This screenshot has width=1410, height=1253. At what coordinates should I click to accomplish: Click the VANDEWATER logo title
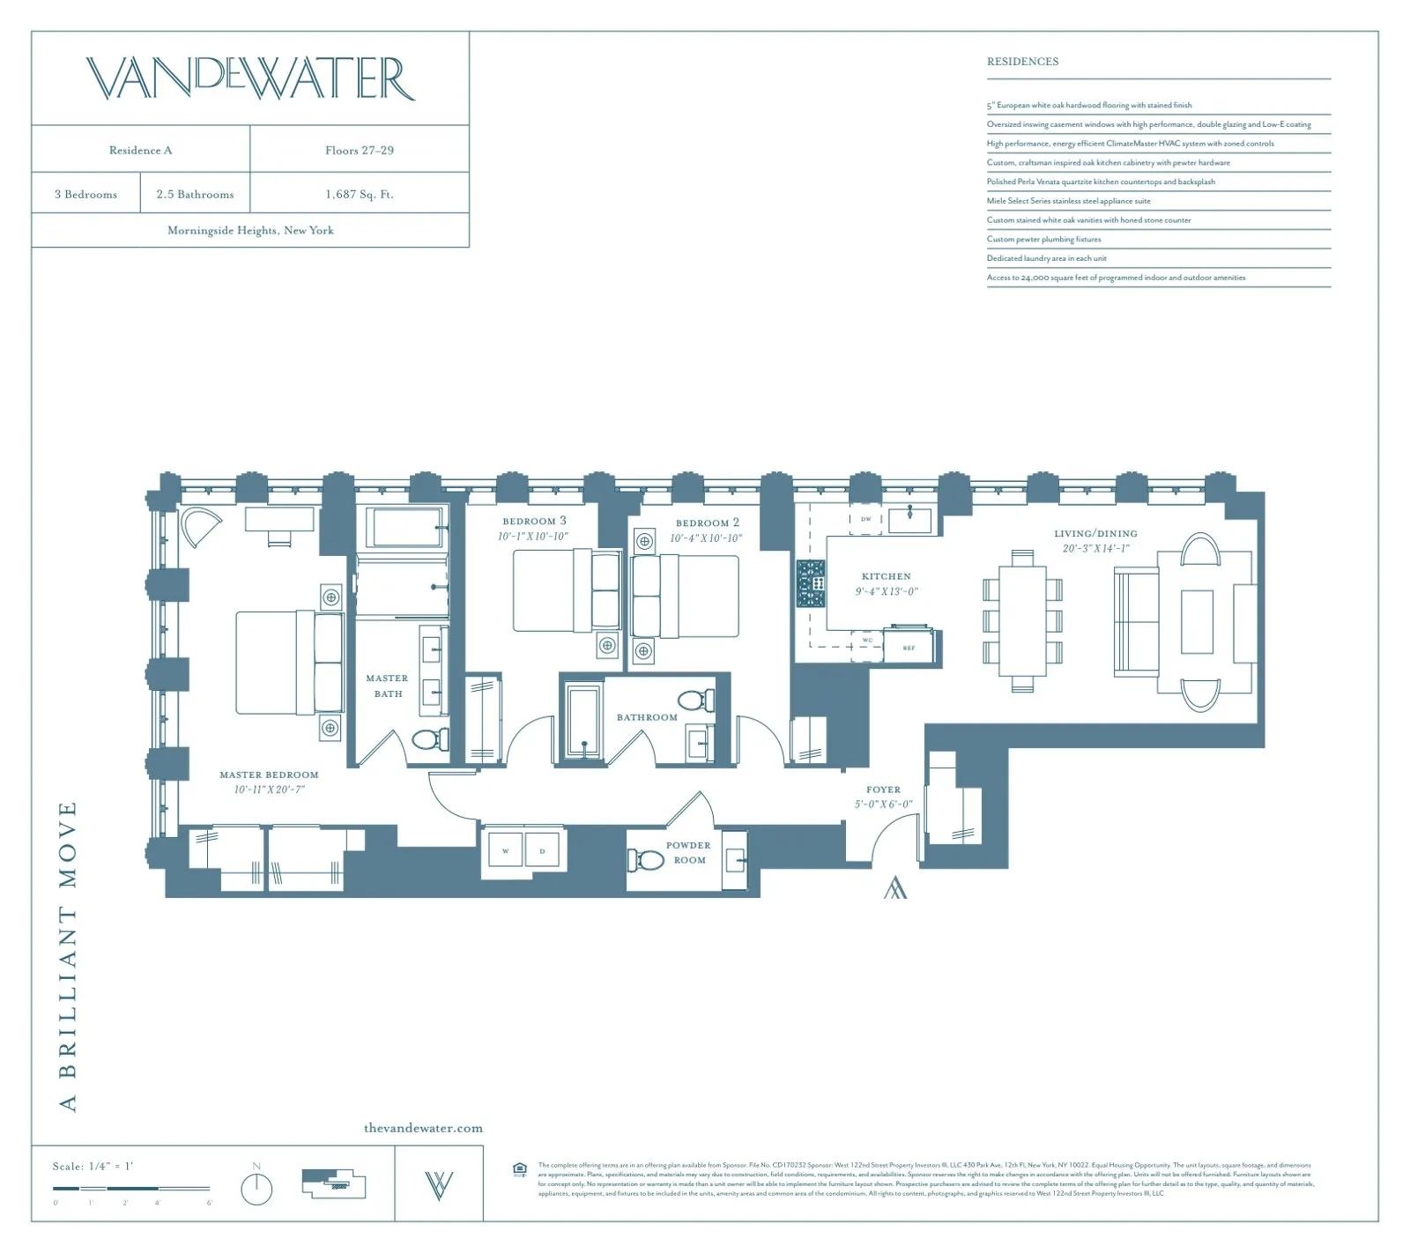pyautogui.click(x=250, y=78)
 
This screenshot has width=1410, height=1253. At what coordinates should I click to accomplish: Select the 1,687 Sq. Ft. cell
pyautogui.click(x=360, y=194)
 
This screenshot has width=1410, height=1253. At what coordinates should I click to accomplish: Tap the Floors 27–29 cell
pyautogui.click(x=360, y=150)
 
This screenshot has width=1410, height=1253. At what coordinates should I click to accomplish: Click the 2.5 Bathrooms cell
pyautogui.click(x=195, y=194)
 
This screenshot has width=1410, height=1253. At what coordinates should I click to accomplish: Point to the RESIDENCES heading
pyautogui.click(x=1022, y=62)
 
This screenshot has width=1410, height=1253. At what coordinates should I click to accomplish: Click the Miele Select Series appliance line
pyautogui.click(x=1068, y=201)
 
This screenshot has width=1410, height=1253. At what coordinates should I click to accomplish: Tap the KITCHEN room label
pyautogui.click(x=886, y=576)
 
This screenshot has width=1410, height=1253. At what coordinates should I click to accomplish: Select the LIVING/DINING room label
pyautogui.click(x=1095, y=534)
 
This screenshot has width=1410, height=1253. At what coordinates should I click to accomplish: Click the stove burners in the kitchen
pyautogui.click(x=811, y=583)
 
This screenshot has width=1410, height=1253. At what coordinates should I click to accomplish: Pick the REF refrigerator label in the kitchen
pyautogui.click(x=909, y=648)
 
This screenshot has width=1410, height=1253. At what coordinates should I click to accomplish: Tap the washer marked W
pyautogui.click(x=505, y=851)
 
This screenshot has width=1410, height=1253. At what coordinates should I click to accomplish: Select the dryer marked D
pyautogui.click(x=542, y=851)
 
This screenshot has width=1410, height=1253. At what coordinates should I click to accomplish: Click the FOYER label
pyautogui.click(x=883, y=790)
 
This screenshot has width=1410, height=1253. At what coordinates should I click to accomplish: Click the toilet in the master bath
pyautogui.click(x=429, y=739)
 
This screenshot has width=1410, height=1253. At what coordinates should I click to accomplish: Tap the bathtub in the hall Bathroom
pyautogui.click(x=583, y=721)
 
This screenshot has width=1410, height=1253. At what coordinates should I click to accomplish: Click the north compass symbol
pyautogui.click(x=256, y=1189)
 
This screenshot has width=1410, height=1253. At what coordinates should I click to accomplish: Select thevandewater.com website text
pyautogui.click(x=423, y=1128)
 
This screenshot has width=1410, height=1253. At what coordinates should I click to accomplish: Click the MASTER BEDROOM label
pyautogui.click(x=269, y=775)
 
